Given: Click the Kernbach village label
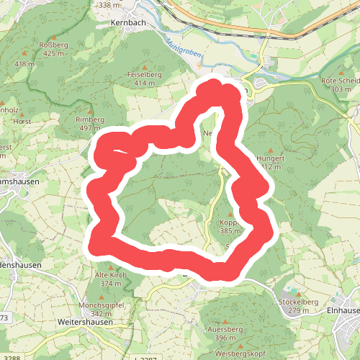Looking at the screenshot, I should click(129, 22).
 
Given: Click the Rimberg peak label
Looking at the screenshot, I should click(90, 119).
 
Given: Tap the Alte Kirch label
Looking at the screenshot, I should click(111, 275).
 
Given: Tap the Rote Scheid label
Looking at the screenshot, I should click(341, 80).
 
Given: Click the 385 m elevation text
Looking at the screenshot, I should click(230, 231).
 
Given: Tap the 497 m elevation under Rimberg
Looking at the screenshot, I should click(90, 128).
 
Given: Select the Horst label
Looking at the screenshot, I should click(21, 122).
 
